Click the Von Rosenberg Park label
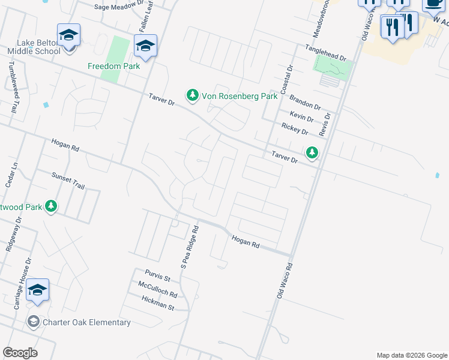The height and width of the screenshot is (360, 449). pyautogui.click(x=239, y=95)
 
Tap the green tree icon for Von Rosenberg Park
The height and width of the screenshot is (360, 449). pyautogui.click(x=192, y=95)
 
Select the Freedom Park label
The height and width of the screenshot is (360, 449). pyautogui.click(x=113, y=66)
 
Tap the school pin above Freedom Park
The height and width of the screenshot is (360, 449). pyautogui.click(x=145, y=45)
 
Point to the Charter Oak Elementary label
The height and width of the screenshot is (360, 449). pyautogui.click(x=86, y=322)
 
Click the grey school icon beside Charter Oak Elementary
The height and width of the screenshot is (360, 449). pyautogui.click(x=34, y=322)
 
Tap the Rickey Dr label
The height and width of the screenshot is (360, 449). pyautogui.click(x=295, y=128)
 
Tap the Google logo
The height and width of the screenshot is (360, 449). pyautogui.click(x=20, y=353)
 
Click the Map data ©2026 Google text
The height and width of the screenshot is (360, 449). pyautogui.click(x=411, y=355)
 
